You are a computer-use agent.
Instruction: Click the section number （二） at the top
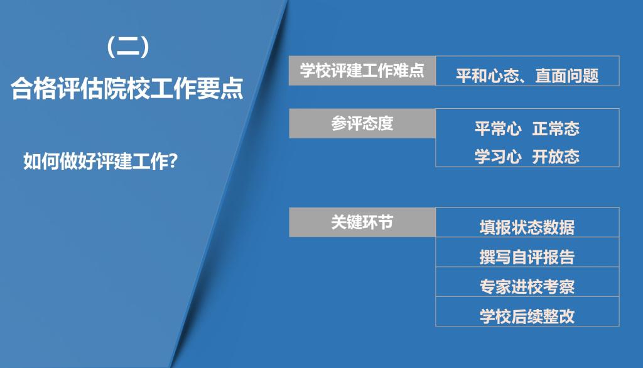(x=127, y=46)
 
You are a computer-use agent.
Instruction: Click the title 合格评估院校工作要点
(x=127, y=88)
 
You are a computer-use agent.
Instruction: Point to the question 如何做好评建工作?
(x=100, y=161)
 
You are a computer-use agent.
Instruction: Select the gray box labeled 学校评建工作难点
(x=362, y=70)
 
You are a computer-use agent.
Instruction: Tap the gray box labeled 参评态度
(x=362, y=123)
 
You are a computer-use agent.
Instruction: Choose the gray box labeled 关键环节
(x=362, y=222)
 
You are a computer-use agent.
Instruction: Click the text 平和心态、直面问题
(x=527, y=76)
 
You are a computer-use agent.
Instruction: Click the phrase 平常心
(x=498, y=128)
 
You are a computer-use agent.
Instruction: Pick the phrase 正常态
(x=556, y=128)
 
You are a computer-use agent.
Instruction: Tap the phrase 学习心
(x=498, y=157)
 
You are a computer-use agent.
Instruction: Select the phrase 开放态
(x=556, y=157)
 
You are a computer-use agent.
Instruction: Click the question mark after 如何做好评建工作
(x=173, y=161)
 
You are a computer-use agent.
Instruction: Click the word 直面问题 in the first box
(x=567, y=76)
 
